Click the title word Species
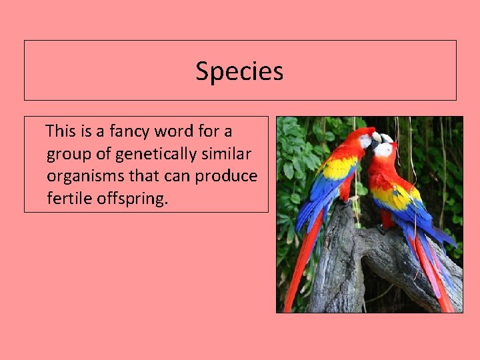coord(239,71)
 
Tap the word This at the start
coord(61,131)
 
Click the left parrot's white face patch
coord(365,141)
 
